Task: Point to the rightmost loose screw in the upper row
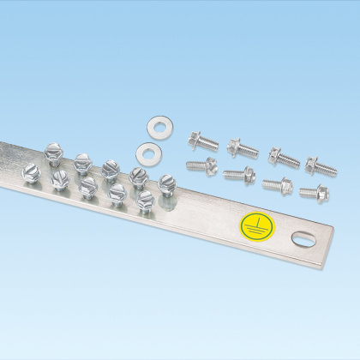click(320, 163)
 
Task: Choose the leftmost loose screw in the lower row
click(198, 165)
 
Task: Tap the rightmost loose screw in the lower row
click(314, 191)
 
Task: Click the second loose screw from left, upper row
click(243, 149)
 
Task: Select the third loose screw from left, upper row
click(282, 157)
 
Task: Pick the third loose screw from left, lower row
click(277, 183)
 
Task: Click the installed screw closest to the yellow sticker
click(166, 183)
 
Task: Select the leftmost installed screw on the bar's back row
click(53, 152)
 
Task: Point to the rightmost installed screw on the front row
click(145, 201)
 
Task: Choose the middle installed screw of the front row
click(88, 186)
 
